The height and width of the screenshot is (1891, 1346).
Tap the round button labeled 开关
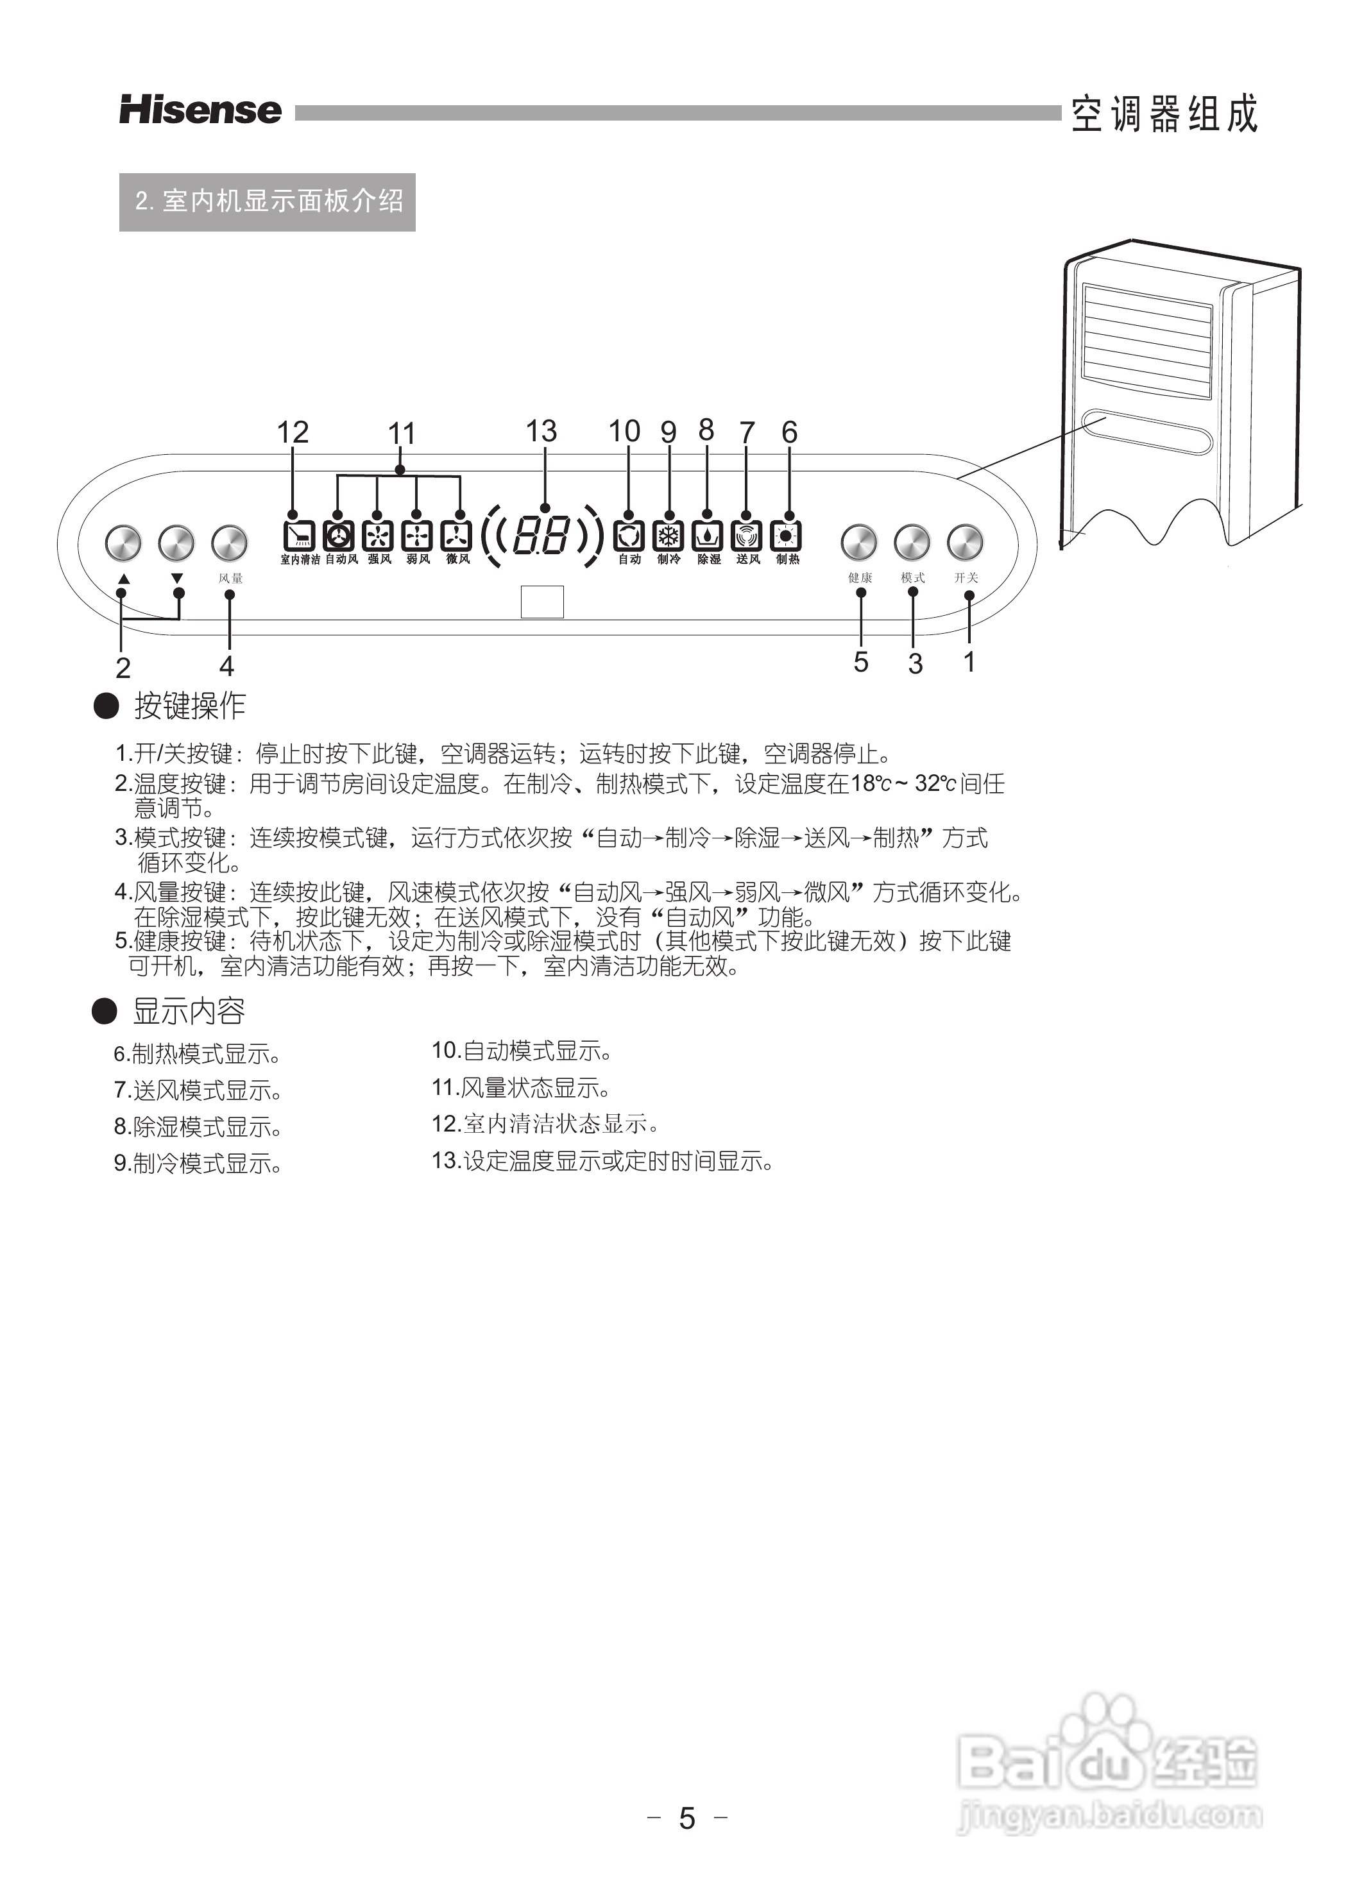(x=965, y=543)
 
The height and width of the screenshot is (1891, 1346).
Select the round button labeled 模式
(x=912, y=543)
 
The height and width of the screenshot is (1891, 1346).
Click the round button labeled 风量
(x=230, y=543)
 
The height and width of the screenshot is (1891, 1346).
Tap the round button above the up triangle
(x=123, y=543)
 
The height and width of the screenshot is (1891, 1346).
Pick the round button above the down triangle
(x=176, y=543)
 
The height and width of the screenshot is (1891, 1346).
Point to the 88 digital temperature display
(x=542, y=536)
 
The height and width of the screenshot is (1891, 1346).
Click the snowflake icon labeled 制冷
(x=667, y=536)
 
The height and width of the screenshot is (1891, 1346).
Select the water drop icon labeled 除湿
(x=707, y=536)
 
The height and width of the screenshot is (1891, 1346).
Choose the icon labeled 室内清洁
(x=298, y=536)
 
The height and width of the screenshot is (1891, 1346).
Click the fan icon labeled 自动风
(x=338, y=536)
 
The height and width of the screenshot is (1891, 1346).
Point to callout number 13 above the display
(x=541, y=431)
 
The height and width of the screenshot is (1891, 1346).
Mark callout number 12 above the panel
(x=293, y=432)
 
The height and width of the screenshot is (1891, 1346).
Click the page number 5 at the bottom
(x=687, y=1818)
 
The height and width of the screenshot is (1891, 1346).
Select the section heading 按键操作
(x=190, y=706)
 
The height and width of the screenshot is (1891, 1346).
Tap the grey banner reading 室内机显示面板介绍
(x=267, y=201)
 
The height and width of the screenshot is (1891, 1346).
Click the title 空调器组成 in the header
(x=1164, y=114)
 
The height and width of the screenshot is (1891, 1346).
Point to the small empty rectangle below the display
(x=542, y=602)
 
